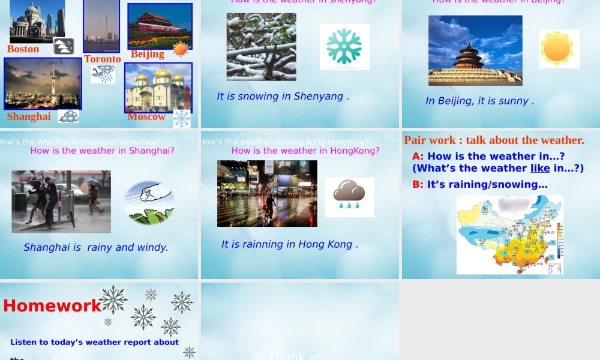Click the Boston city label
click(x=23, y=49)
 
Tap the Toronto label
click(x=102, y=59)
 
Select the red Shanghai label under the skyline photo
click(x=29, y=116)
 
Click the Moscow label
click(x=146, y=116)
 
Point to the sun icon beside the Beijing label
click(x=181, y=49)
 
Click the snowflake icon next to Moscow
click(x=182, y=118)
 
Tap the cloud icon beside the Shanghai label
click(x=68, y=116)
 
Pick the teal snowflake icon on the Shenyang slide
click(x=344, y=47)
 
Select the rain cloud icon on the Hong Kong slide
click(x=349, y=196)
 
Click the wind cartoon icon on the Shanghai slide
click(x=149, y=203)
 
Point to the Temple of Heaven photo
click(x=475, y=50)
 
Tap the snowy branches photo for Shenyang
click(x=261, y=47)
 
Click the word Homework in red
click(x=52, y=306)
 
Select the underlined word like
click(x=541, y=169)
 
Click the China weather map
click(x=509, y=235)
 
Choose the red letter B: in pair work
click(x=418, y=185)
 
